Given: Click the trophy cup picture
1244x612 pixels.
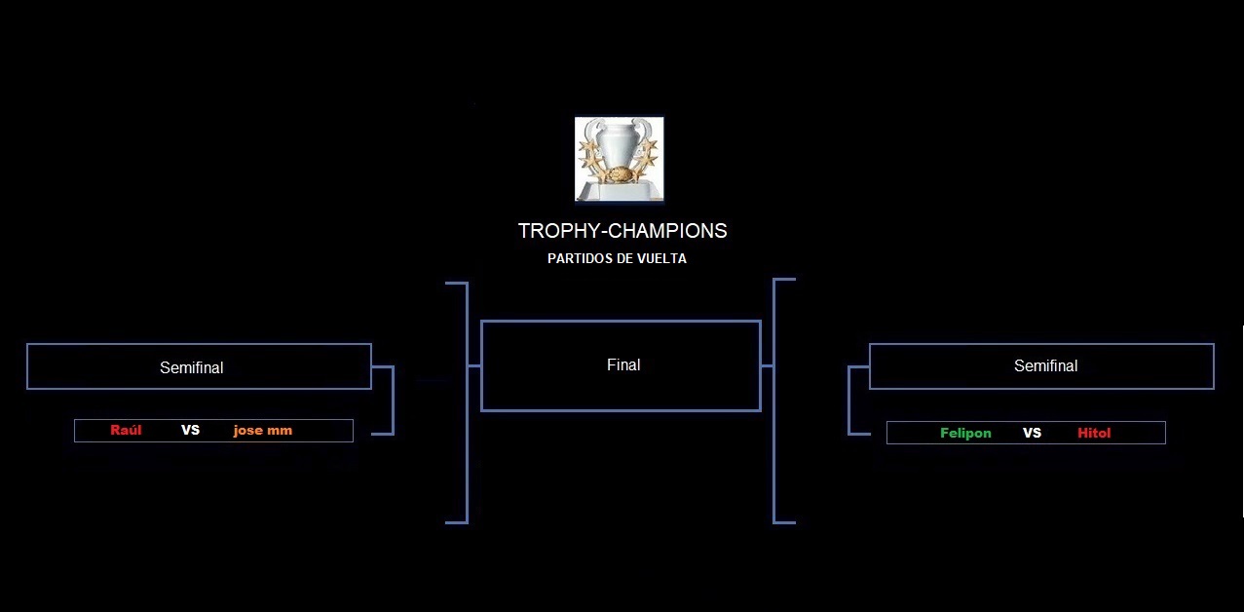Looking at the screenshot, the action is [x=620, y=159].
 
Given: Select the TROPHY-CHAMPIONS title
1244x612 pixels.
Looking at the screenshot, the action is [x=622, y=231].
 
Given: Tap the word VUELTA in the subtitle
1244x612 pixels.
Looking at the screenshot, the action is [x=661, y=259].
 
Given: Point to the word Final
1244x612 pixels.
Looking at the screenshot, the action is [x=623, y=364].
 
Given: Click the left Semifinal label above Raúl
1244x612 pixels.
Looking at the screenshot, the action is [x=192, y=367].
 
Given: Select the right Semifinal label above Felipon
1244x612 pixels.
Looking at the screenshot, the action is [x=1045, y=366].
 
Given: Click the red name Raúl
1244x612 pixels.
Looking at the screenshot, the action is [x=126, y=430].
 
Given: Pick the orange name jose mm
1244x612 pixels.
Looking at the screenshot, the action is [x=263, y=431].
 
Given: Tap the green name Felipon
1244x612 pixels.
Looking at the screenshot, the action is [x=965, y=434].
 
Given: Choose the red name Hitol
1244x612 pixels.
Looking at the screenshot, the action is [x=1094, y=434].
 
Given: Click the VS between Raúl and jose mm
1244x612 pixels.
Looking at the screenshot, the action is [x=191, y=431].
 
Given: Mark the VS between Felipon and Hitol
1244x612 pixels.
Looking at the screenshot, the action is [x=1032, y=434].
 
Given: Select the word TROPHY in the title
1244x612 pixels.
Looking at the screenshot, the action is [x=559, y=231].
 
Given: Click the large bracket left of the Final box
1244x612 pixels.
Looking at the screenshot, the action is [x=467, y=402].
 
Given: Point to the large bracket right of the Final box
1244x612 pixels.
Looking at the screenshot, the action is [x=774, y=400].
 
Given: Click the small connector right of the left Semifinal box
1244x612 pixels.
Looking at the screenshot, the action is [x=393, y=400].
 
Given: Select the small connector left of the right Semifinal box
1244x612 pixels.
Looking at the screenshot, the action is [x=849, y=400].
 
